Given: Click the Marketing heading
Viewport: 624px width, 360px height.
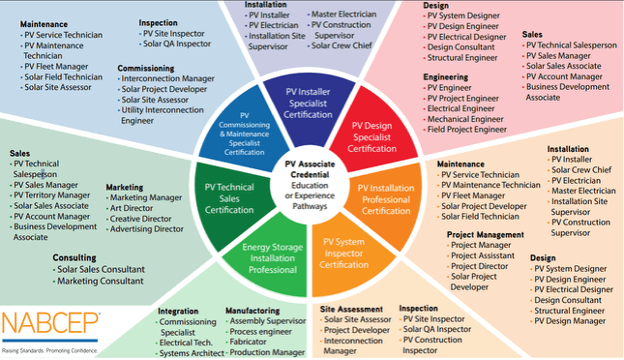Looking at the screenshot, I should [x=125, y=186].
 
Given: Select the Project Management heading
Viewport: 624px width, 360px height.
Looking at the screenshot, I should [x=485, y=234].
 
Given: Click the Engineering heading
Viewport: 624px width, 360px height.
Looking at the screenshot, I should [x=446, y=76].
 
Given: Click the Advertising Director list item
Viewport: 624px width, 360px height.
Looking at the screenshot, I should [x=150, y=229].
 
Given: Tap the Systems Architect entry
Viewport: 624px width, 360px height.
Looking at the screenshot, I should [x=191, y=353].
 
